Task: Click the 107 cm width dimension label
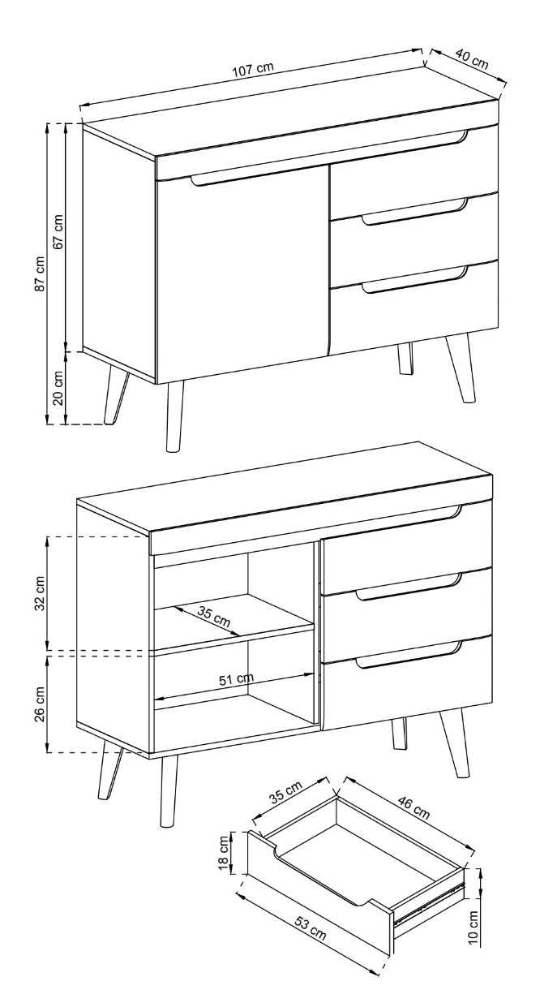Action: tap(254, 69)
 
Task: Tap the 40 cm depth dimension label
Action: tap(472, 59)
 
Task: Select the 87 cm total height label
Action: tap(40, 273)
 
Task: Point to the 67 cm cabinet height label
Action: tap(58, 231)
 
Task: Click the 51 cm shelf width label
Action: tap(237, 678)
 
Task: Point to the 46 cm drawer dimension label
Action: tap(414, 807)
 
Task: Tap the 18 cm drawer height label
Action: tap(224, 847)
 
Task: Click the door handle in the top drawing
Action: tap(255, 180)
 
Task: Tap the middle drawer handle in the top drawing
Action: tap(414, 213)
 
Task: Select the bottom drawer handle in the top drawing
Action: tap(414, 280)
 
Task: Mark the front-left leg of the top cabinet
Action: tap(174, 416)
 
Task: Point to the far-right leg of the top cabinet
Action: tap(461, 369)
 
